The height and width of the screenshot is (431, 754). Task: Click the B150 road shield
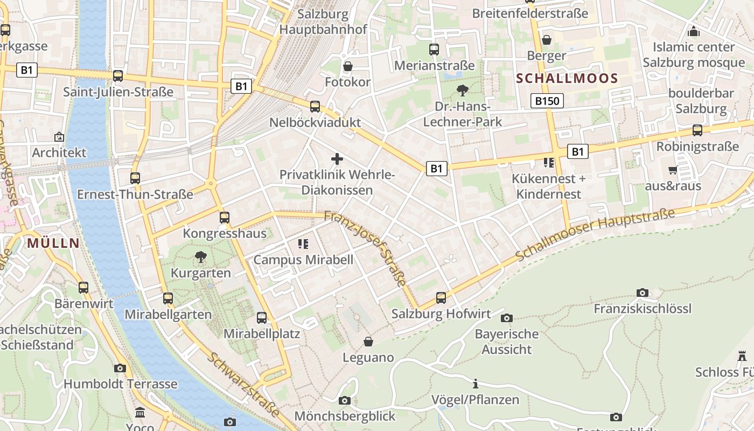[547, 101]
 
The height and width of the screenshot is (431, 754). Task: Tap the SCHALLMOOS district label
[567, 79]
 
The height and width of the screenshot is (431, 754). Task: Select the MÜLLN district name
[53, 243]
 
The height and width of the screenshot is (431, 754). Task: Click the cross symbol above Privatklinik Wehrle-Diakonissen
[337, 159]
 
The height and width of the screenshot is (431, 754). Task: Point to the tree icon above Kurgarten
[201, 257]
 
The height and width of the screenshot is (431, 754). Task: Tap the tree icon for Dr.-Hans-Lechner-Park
[462, 91]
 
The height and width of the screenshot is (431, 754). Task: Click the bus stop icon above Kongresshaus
[225, 218]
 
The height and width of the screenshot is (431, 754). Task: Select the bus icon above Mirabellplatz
[262, 318]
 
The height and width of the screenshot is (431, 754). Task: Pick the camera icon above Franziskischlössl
[643, 293]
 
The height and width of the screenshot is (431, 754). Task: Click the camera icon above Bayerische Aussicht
[507, 318]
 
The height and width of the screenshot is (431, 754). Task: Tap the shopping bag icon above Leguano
[368, 342]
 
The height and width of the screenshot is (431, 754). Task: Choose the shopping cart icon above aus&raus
[673, 170]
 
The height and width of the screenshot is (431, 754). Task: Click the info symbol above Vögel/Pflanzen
[476, 384]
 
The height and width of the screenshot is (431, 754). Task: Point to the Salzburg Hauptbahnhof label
[323, 22]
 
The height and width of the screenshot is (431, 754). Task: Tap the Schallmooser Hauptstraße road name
[595, 234]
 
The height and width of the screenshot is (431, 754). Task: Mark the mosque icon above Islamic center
[694, 32]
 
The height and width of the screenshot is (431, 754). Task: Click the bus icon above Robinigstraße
[697, 130]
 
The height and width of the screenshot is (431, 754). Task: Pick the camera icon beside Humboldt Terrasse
[120, 369]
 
